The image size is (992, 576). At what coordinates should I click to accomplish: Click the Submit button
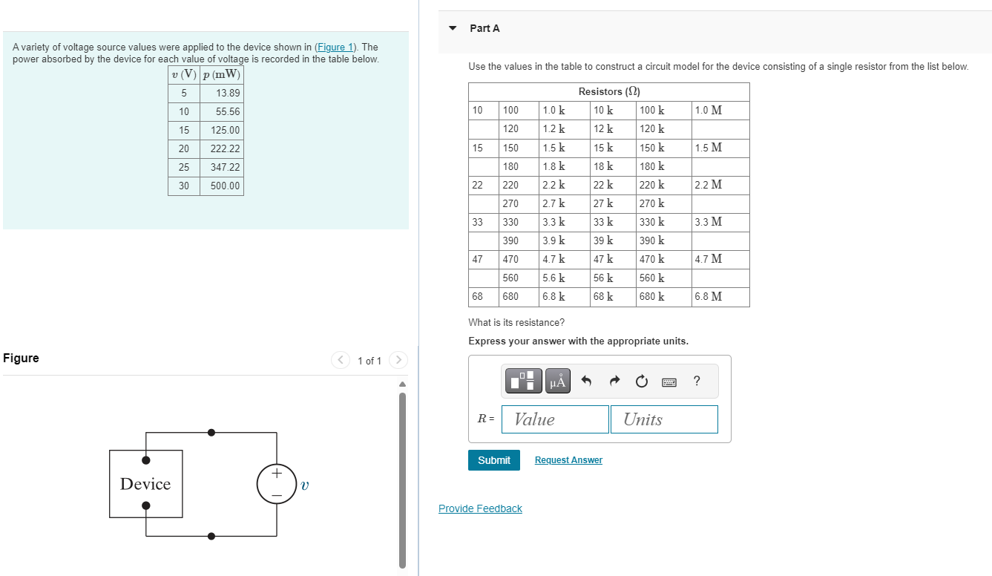tap(493, 460)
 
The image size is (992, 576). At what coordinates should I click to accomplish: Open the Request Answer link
tap(568, 460)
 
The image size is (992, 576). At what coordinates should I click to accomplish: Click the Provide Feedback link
tap(480, 508)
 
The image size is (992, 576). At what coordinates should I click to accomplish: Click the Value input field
tap(555, 419)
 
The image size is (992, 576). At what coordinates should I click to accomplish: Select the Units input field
tap(664, 419)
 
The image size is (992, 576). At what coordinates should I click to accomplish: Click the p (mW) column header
tap(221, 74)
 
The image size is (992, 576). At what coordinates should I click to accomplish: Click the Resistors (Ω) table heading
tap(608, 91)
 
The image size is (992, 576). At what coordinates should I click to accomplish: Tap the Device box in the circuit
tap(145, 484)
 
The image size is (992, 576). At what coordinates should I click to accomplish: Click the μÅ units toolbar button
tap(558, 382)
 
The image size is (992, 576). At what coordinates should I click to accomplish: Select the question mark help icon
tap(696, 382)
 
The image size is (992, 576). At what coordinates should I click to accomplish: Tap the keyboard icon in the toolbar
tap(669, 382)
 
